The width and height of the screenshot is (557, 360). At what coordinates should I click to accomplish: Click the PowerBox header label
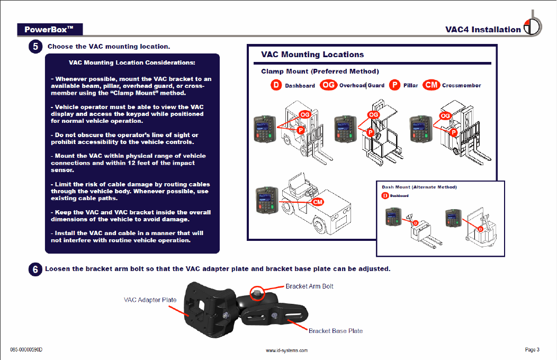tap(49, 29)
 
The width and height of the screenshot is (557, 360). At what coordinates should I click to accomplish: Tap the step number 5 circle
tap(35, 47)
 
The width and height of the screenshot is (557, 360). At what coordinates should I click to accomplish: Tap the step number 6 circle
tap(35, 269)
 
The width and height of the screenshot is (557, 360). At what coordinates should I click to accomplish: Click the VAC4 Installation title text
tap(483, 30)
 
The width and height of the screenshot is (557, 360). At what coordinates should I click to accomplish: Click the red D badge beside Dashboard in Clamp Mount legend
tap(276, 85)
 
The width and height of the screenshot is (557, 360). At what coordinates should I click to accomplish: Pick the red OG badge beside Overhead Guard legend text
tap(328, 85)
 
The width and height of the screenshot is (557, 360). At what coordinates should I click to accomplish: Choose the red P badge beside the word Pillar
tap(394, 85)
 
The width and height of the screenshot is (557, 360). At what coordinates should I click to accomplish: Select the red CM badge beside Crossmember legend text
tap(432, 85)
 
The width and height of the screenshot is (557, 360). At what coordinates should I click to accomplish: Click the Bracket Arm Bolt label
tap(309, 286)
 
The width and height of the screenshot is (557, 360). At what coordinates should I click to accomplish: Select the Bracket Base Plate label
tap(336, 331)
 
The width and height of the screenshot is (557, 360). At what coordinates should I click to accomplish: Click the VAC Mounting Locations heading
tap(312, 55)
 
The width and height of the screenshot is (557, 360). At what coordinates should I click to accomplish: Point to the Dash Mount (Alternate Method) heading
tap(419, 187)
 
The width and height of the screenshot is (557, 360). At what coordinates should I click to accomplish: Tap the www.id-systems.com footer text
tap(286, 350)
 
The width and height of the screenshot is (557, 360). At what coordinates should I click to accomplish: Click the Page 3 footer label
tap(532, 349)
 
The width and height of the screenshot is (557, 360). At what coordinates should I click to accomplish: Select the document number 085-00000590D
tap(26, 350)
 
